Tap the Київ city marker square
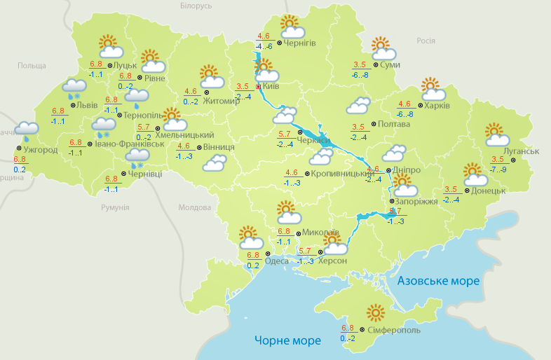click(258, 87)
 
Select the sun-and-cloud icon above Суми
click(383, 48)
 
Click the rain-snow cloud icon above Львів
click(73, 88)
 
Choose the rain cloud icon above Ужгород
click(27, 131)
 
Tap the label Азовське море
click(438, 281)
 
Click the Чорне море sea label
click(287, 340)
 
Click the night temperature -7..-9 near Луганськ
click(498, 170)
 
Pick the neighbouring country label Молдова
click(194, 208)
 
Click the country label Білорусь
click(196, 6)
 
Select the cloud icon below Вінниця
click(214, 163)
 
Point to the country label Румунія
click(115, 208)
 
